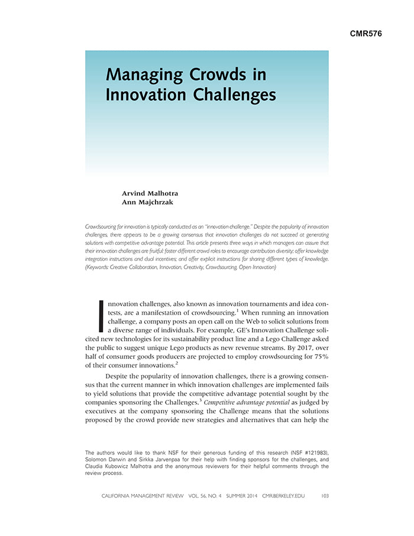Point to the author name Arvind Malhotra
[x=150, y=193]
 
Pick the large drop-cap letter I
[x=101, y=316]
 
